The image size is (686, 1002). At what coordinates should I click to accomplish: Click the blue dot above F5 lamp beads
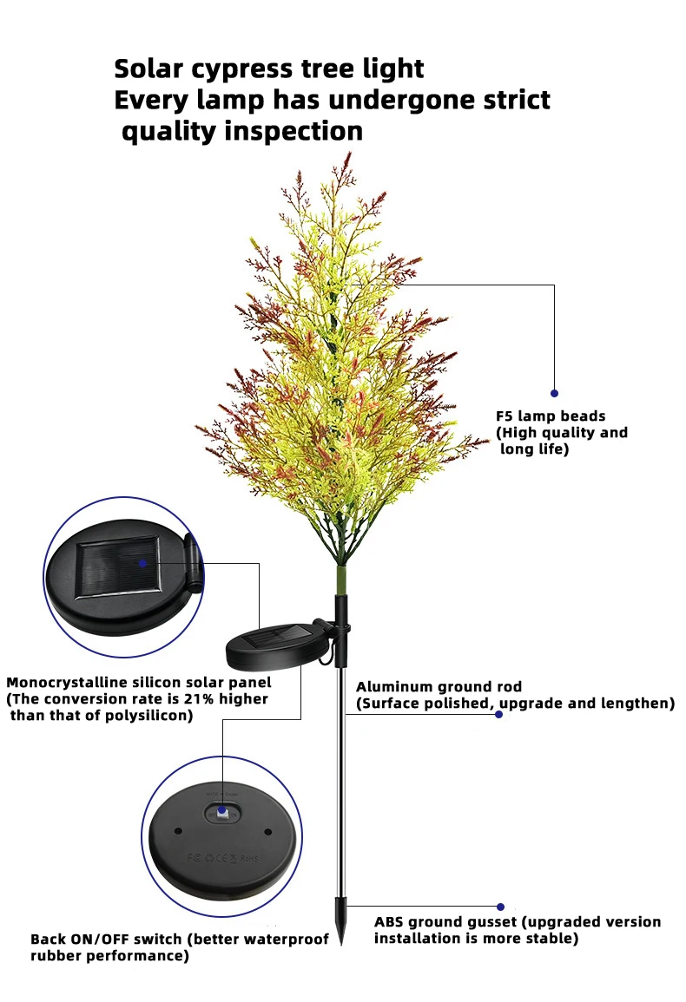(x=554, y=393)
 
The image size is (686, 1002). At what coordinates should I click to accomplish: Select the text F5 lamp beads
(x=551, y=416)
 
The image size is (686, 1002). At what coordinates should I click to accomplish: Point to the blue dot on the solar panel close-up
(x=143, y=562)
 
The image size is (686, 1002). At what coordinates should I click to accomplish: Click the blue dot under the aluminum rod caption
(x=498, y=714)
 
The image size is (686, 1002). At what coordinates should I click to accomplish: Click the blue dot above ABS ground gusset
(x=500, y=907)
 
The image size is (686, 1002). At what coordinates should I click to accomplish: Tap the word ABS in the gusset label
(x=388, y=922)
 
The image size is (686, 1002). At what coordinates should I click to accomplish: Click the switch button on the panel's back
(x=222, y=811)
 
